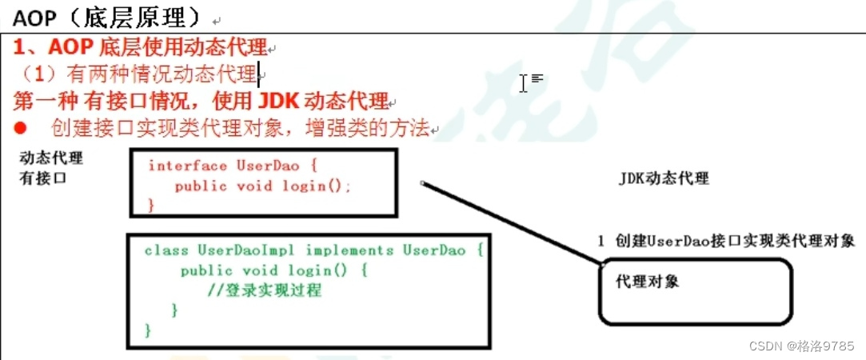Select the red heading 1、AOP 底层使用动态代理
141,48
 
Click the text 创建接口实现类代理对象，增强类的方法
240,128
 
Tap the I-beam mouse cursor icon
524,82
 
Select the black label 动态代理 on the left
51,158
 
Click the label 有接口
43,178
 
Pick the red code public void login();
263,186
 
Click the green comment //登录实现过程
264,290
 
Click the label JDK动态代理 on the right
664,178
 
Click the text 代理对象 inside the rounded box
648,282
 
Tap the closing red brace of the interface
151,205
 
